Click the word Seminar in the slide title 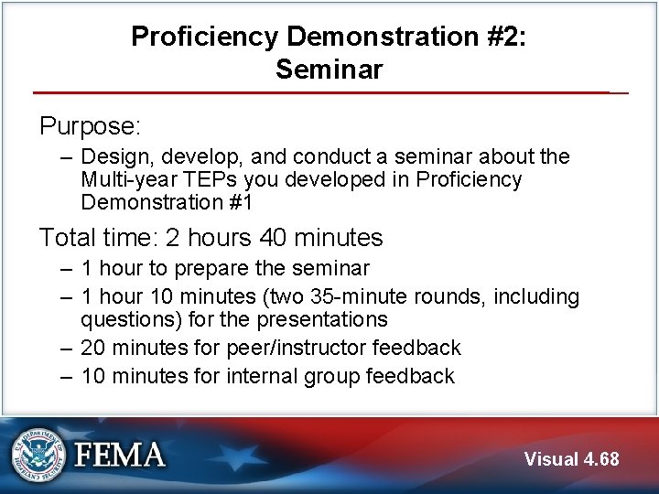click(x=329, y=69)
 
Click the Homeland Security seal click(x=38, y=454)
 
